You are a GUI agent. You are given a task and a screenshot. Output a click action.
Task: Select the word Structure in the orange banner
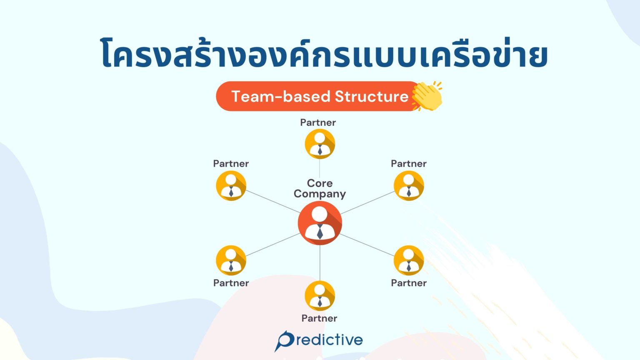(x=371, y=97)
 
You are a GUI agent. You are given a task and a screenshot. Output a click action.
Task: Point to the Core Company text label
(x=320, y=188)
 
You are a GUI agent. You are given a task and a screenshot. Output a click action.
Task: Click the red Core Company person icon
(x=320, y=223)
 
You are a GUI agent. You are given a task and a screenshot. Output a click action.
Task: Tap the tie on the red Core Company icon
(x=320, y=232)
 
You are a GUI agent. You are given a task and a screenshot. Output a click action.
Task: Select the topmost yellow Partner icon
(x=320, y=144)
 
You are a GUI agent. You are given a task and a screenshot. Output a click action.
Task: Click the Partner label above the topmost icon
(x=318, y=122)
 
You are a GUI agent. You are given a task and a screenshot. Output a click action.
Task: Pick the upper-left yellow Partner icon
(x=231, y=186)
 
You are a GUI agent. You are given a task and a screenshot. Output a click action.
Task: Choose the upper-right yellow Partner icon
(x=408, y=186)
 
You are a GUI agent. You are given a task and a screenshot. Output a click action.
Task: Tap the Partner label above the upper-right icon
(x=408, y=164)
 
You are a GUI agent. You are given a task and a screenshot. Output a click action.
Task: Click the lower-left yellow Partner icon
(x=231, y=260)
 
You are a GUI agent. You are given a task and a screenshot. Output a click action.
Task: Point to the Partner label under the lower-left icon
(x=231, y=283)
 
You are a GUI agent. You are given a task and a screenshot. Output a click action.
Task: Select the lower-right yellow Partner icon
(x=408, y=260)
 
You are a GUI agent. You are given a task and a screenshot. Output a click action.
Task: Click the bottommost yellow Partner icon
(x=320, y=296)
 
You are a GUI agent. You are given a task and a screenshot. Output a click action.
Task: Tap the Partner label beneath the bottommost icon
(x=319, y=318)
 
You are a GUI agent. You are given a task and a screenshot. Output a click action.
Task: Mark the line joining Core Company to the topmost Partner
(x=320, y=168)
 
